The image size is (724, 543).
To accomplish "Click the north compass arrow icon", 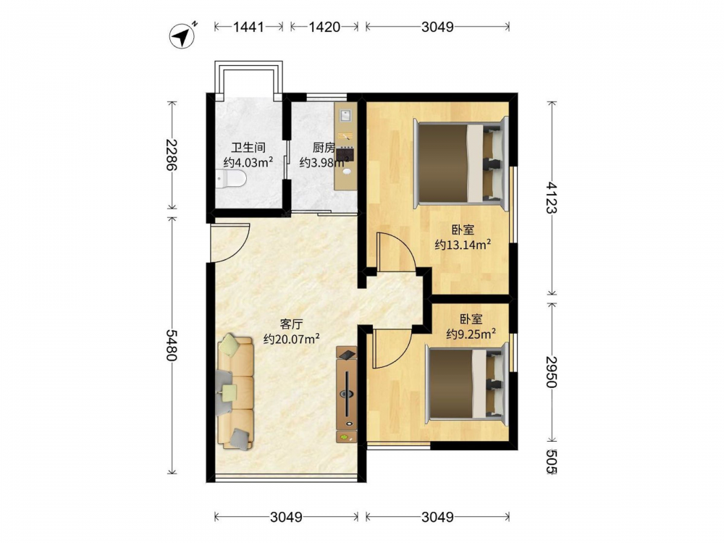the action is (x=183, y=35).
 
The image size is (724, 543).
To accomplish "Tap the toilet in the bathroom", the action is (x=231, y=179).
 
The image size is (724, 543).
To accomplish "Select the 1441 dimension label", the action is (x=248, y=27).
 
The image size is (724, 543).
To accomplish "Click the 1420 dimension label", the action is (x=324, y=27).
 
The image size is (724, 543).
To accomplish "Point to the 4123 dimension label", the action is (x=552, y=197).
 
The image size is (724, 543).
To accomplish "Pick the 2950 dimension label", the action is (x=552, y=371).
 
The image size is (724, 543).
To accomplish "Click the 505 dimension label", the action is (x=551, y=461).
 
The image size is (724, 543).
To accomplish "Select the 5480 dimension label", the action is (x=172, y=345).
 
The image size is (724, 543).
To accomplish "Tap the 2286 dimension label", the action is (x=172, y=154).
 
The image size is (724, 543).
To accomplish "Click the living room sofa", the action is (x=235, y=392).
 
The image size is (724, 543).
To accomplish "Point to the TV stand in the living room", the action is (x=346, y=395).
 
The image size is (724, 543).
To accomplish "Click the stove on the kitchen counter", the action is (x=345, y=153).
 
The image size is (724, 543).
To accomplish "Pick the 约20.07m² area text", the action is (x=292, y=339).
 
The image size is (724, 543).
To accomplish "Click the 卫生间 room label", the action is (x=248, y=148).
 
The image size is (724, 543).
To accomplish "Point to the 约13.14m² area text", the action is (x=463, y=244).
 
